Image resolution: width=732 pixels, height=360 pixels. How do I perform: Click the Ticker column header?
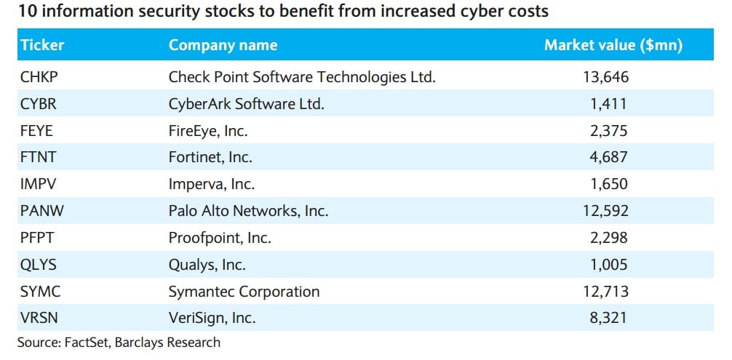click(x=42, y=45)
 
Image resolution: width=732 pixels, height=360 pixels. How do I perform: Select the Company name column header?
click(x=223, y=45)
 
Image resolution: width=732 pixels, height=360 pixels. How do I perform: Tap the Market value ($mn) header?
click(x=613, y=45)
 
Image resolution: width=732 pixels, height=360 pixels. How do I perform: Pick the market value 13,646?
click(x=605, y=77)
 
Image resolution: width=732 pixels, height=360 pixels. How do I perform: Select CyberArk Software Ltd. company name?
click(x=246, y=104)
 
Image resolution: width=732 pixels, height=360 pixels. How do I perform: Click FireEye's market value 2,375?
click(x=609, y=131)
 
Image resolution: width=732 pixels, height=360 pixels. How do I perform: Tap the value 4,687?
click(x=609, y=158)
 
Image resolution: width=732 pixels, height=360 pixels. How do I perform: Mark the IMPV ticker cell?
click(x=39, y=185)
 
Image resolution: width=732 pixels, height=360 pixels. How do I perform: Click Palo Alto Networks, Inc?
click(x=248, y=212)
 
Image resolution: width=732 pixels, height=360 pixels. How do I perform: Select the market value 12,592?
click(x=605, y=212)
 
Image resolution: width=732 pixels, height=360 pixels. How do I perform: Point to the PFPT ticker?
click(x=37, y=239)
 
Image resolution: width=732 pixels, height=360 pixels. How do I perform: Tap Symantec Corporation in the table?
click(x=244, y=292)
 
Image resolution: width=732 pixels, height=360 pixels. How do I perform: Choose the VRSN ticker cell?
click(x=39, y=319)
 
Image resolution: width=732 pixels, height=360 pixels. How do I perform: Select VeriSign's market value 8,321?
click(x=609, y=319)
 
